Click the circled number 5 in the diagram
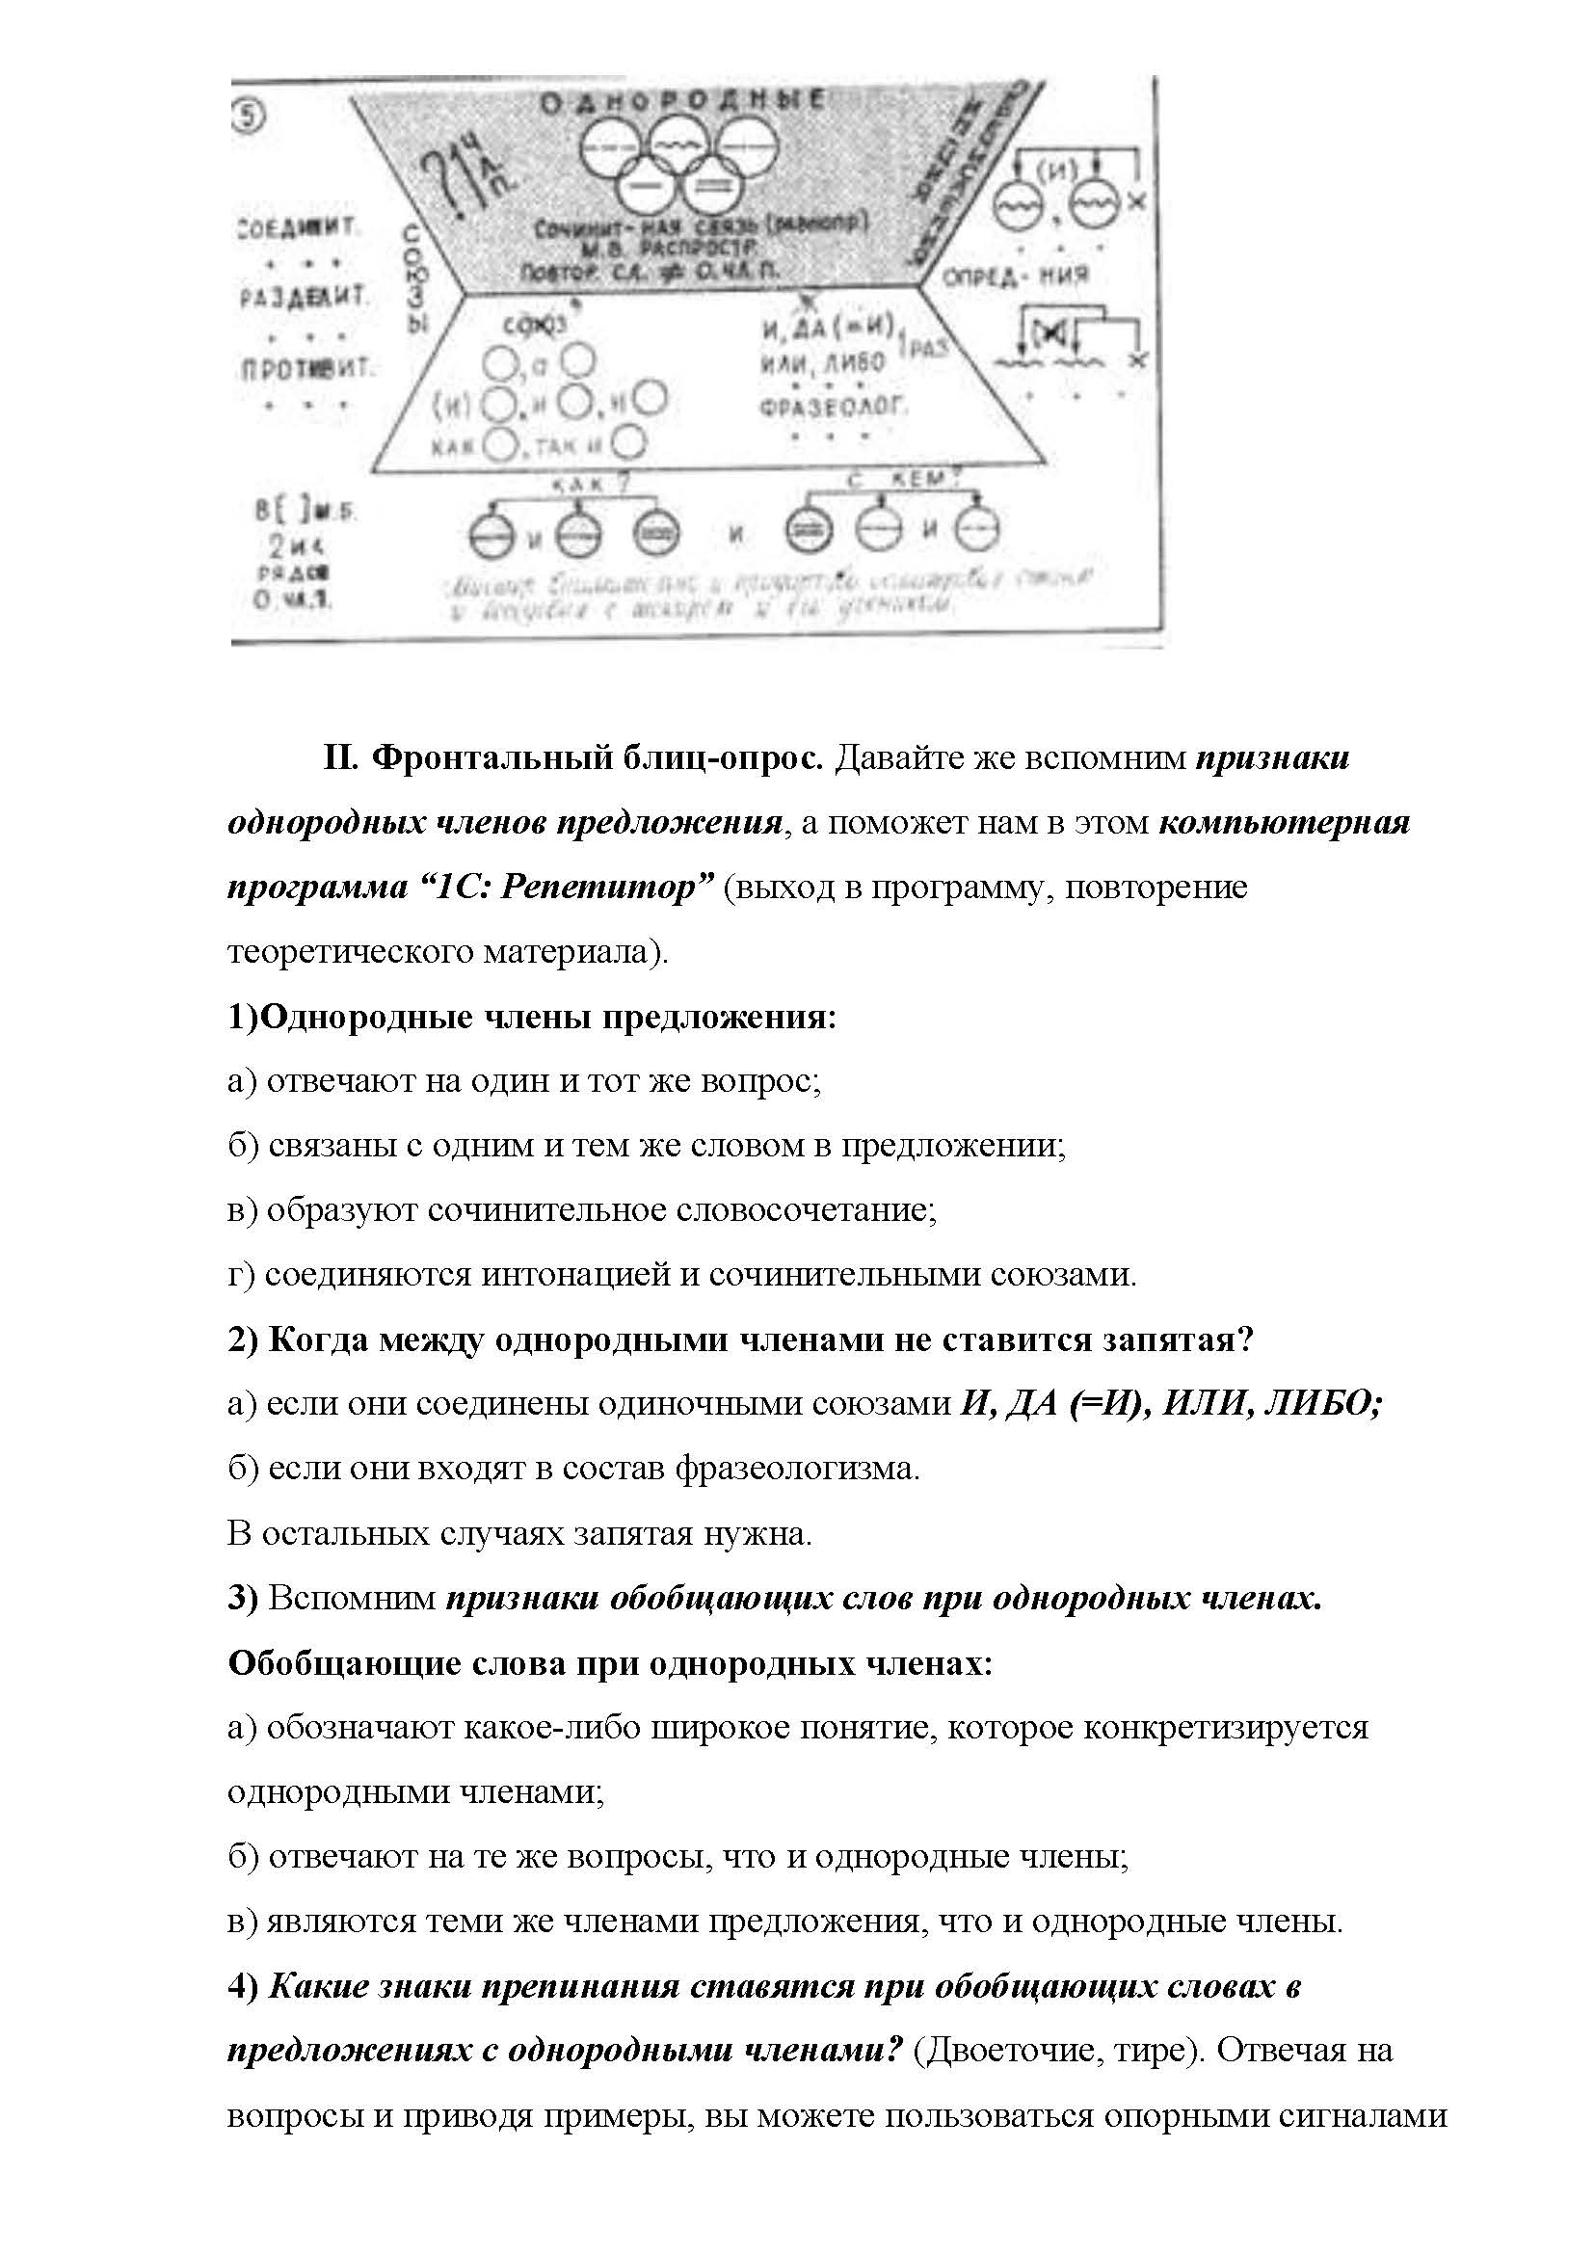tap(250, 117)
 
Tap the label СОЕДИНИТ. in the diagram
tap(300, 229)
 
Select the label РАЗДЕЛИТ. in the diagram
tap(304, 297)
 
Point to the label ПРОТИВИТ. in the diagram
tap(307, 369)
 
